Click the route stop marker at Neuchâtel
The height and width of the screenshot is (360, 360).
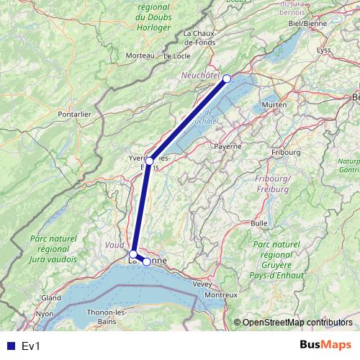[x=227, y=78]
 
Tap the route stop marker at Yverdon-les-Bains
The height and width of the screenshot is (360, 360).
[x=149, y=161]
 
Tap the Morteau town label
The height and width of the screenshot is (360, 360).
[x=140, y=55]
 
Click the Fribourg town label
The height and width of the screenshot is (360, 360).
[x=286, y=153]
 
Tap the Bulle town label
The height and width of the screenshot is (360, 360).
[x=258, y=223]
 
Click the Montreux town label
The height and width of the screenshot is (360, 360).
[x=220, y=295]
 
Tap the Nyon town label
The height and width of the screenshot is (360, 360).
[x=45, y=314]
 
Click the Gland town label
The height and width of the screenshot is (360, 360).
[x=50, y=297]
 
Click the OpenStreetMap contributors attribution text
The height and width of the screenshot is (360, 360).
[x=297, y=322]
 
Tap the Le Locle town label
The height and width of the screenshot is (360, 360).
[x=176, y=55]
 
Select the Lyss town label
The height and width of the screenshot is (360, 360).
[x=323, y=50]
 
